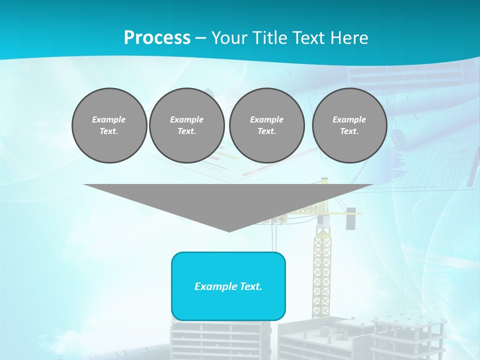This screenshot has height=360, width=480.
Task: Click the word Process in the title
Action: click(x=157, y=38)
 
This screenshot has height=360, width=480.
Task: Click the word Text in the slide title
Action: click(x=308, y=38)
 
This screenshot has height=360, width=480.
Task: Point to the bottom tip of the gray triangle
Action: click(x=229, y=230)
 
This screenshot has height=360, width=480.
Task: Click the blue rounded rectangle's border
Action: click(x=172, y=286)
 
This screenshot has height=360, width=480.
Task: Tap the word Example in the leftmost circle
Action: click(x=109, y=119)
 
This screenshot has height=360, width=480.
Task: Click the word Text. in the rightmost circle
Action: click(x=349, y=131)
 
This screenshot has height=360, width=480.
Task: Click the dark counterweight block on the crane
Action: click(x=351, y=218)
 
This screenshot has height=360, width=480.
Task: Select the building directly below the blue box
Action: click(x=220, y=340)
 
